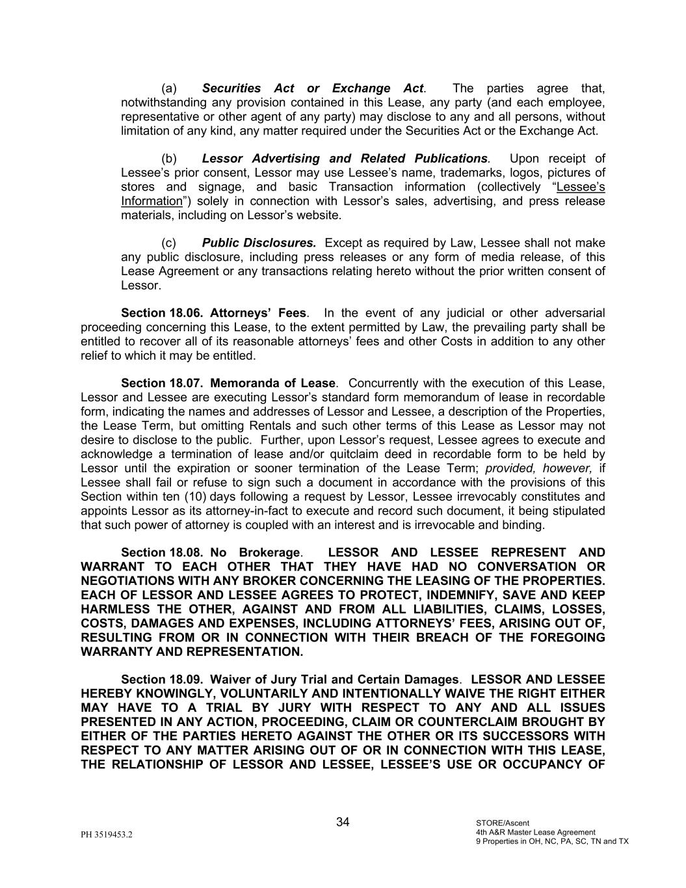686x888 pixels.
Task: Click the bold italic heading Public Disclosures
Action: coord(259,243)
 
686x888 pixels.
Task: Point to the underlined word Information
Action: coord(151,201)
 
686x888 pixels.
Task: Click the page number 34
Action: coord(343,822)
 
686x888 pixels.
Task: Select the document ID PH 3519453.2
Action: coord(107,835)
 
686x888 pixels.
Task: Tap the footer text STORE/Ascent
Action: coord(503,823)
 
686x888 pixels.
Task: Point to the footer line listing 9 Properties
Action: coord(552,841)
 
